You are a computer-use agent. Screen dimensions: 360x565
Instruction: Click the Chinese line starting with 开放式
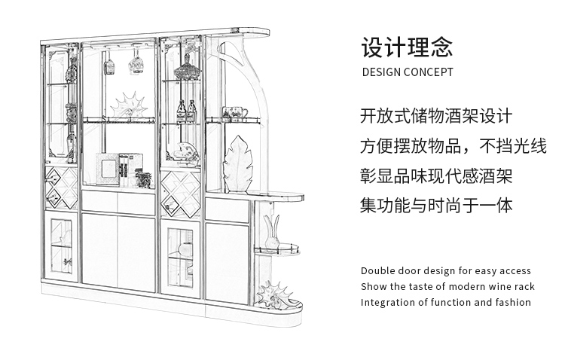pyautogui.click(x=436, y=117)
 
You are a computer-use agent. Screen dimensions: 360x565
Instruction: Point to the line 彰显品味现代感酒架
pyautogui.click(x=436, y=176)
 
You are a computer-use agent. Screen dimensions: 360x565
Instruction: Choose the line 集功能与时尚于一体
pyautogui.click(x=436, y=206)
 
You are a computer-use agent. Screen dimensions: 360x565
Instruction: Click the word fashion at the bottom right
pyautogui.click(x=512, y=303)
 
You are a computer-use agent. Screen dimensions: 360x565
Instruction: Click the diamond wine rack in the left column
pyautogui.click(x=61, y=188)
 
